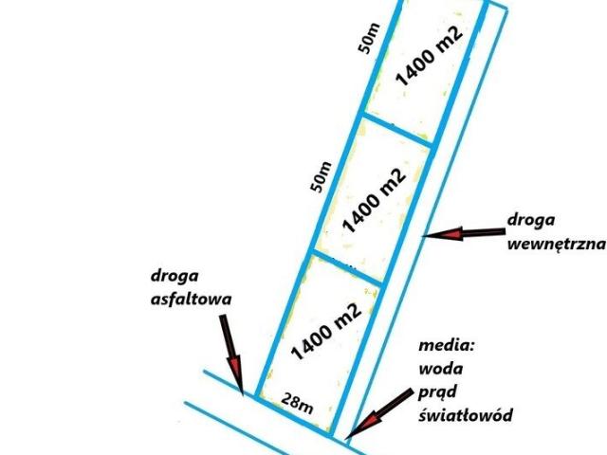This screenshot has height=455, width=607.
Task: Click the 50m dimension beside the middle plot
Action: (x=323, y=177)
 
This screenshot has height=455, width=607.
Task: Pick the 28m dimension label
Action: (x=298, y=405)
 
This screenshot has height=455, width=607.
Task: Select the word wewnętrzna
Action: (x=557, y=243)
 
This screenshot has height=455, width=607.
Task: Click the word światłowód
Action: (x=464, y=415)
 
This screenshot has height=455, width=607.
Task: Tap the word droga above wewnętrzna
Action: (x=532, y=221)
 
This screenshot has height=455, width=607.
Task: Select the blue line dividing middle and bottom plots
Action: (x=347, y=269)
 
